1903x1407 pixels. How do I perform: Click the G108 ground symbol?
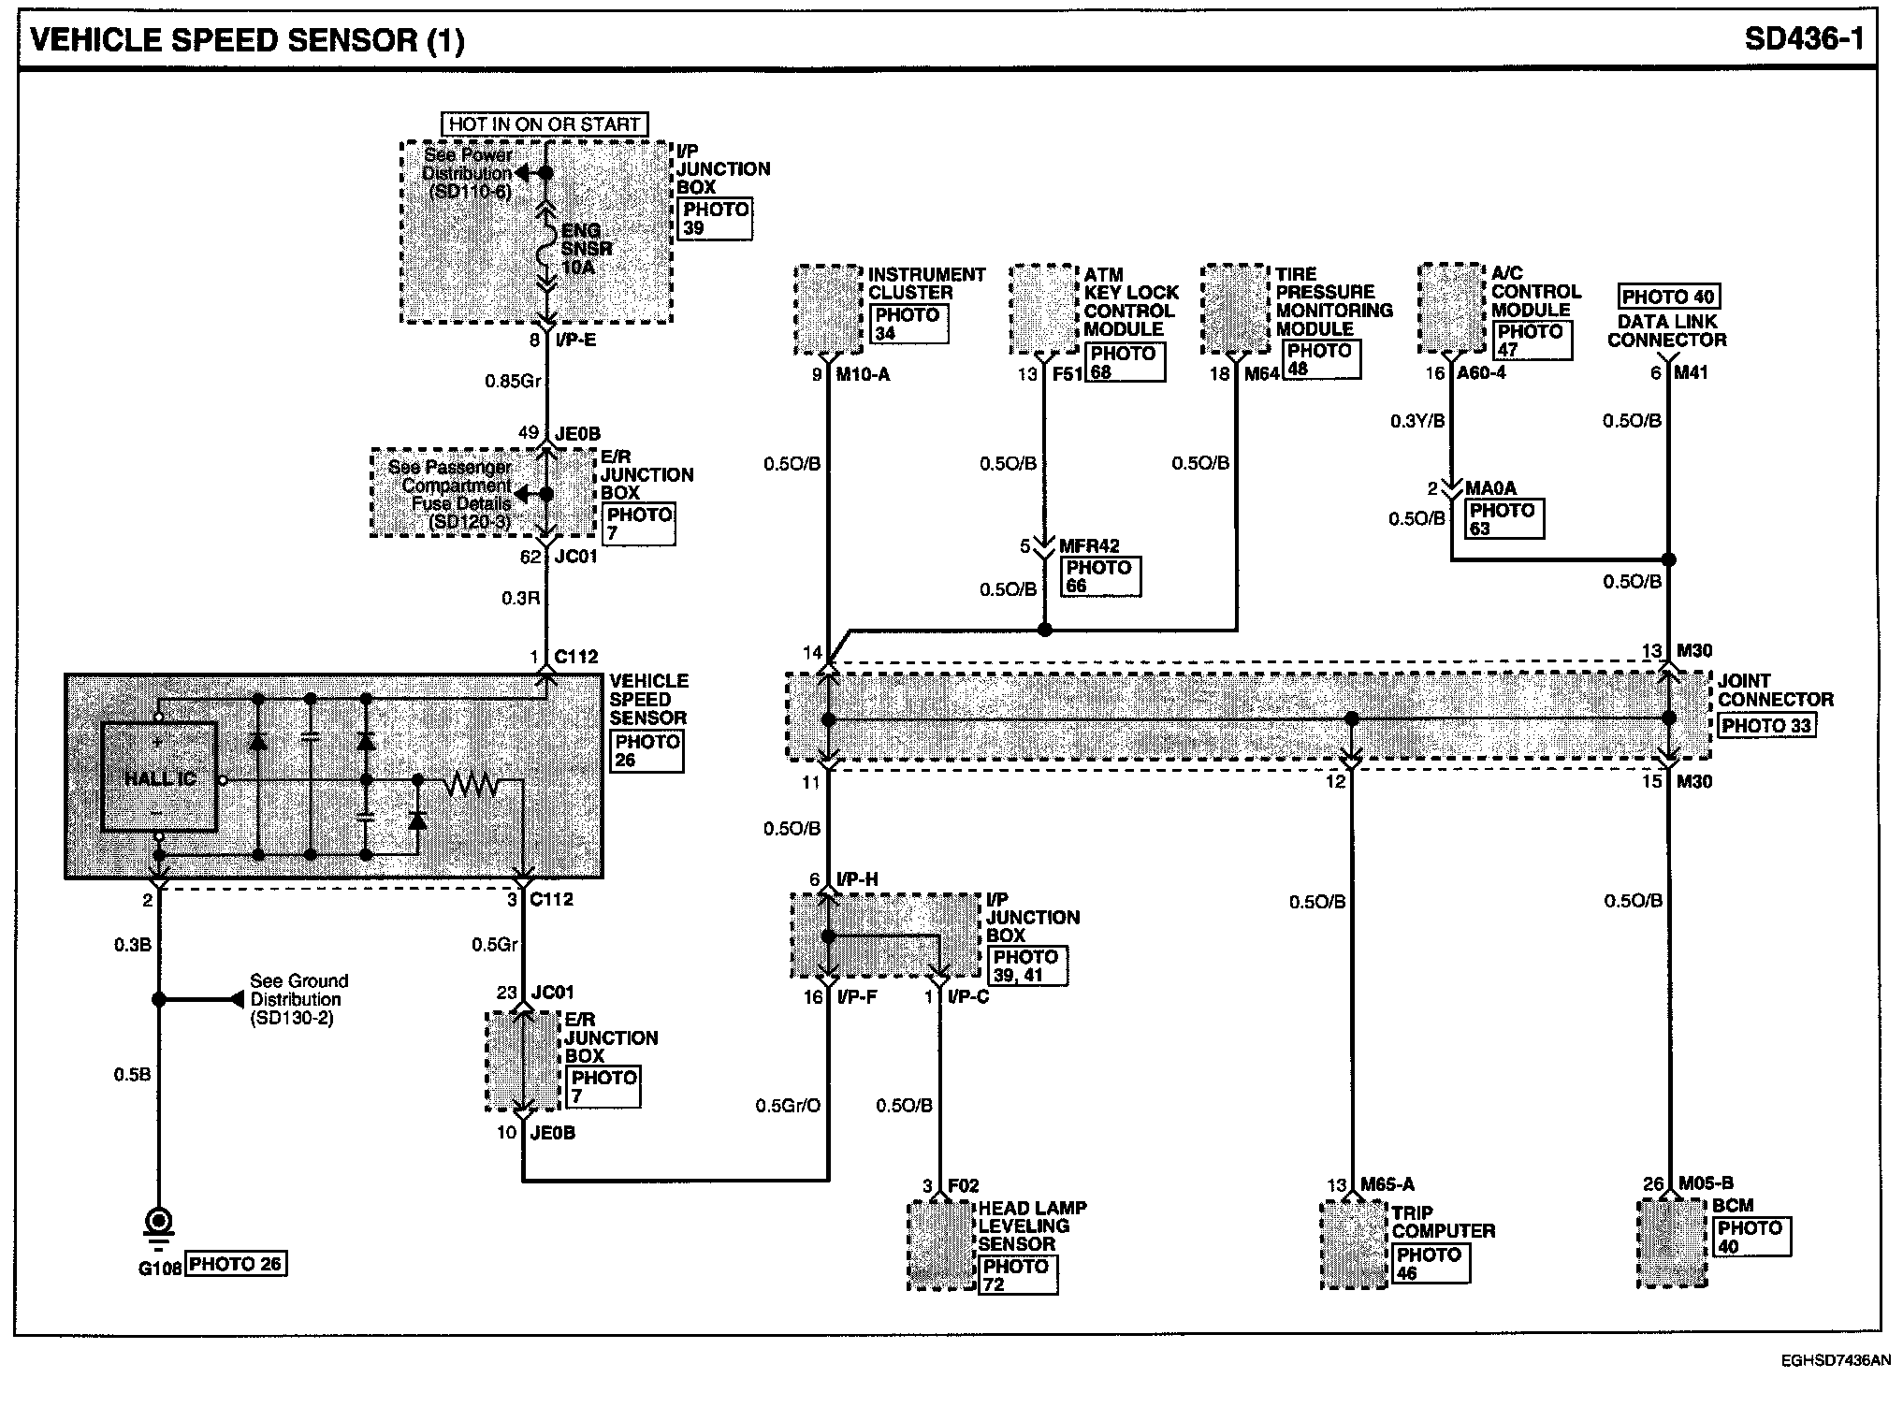pos(158,1225)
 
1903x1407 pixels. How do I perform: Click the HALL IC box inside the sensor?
pos(159,776)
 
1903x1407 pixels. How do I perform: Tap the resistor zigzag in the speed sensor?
pos(472,784)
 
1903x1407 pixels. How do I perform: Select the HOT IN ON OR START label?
pos(545,123)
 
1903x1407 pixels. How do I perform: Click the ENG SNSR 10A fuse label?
pos(587,249)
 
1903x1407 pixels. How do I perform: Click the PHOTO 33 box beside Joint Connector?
pos(1766,725)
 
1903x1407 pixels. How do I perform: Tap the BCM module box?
pos(1672,1242)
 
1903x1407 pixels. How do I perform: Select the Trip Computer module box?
pos(1354,1245)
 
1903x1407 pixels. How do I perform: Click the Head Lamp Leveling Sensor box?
pos(941,1245)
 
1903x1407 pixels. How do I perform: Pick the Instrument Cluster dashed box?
pos(828,310)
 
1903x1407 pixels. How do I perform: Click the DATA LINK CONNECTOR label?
pos(1667,330)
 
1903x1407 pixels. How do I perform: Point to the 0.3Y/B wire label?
pos(1416,422)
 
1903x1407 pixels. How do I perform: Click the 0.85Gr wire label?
pos(513,382)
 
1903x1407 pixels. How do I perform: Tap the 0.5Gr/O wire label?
pos(788,1106)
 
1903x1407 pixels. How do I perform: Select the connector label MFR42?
pos(1089,545)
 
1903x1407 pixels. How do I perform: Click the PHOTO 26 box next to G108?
pos(235,1264)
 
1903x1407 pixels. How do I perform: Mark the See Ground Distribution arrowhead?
pos(237,999)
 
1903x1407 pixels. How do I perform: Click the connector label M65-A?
pos(1387,1184)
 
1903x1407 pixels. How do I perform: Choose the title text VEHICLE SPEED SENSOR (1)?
pos(248,40)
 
